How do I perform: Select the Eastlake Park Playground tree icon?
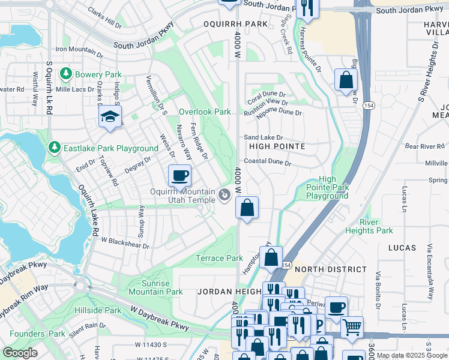click(x=55, y=148)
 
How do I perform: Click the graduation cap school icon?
click(x=110, y=117)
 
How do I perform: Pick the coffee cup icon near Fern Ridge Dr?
click(x=179, y=176)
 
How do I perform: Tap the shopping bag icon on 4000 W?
click(x=247, y=208)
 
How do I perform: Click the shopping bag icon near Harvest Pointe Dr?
click(x=346, y=80)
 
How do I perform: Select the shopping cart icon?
click(x=352, y=327)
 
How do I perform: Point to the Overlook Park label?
click(x=205, y=112)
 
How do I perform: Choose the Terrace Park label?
click(x=219, y=259)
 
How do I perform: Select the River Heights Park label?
click(x=369, y=226)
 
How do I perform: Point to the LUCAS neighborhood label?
click(x=402, y=248)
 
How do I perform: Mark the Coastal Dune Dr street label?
click(x=267, y=163)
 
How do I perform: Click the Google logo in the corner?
click(x=20, y=353)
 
